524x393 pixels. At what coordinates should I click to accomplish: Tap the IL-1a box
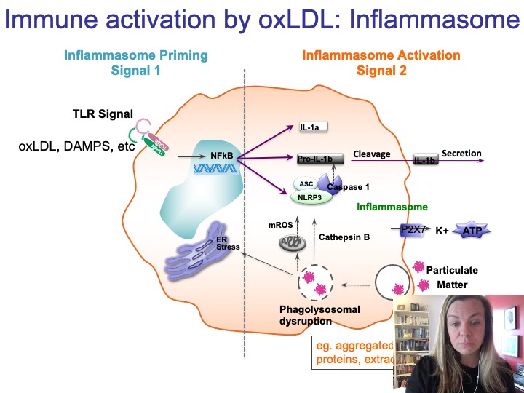pos(314,127)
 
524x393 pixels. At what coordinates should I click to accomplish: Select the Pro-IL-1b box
pos(315,158)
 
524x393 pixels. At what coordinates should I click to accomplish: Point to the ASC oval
pos(306,184)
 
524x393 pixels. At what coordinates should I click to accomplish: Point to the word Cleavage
pos(372,154)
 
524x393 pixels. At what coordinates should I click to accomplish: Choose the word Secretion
pos(461,154)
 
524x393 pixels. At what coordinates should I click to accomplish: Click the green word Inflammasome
pos(392,207)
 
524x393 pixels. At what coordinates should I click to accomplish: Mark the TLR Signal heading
pos(103,114)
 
